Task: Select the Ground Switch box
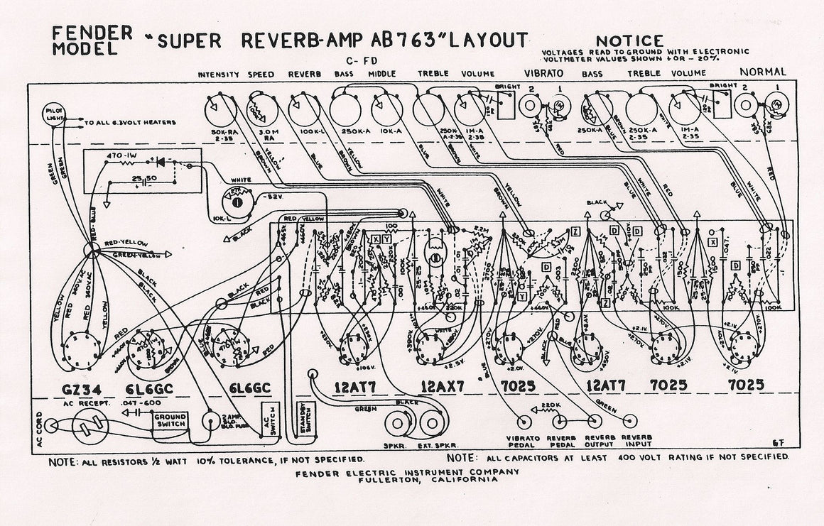170,420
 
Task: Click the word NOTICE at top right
629,41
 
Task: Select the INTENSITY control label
218,75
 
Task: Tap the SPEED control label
261,75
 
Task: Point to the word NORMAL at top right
763,72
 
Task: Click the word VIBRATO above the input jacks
544,73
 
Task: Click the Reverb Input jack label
636,442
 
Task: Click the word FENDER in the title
92,33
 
